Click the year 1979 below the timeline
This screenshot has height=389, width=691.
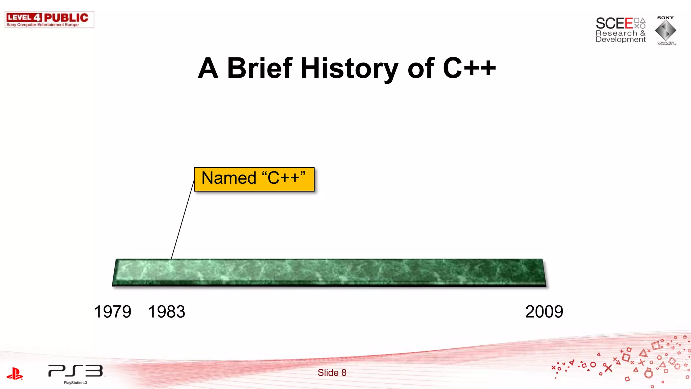(113, 312)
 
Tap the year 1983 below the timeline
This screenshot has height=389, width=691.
(167, 312)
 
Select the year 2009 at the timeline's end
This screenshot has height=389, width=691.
(544, 312)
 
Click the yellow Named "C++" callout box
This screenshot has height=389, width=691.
(254, 179)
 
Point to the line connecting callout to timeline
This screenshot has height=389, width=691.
(183, 219)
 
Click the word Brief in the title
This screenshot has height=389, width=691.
(259, 68)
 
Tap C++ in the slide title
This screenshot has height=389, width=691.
(469, 68)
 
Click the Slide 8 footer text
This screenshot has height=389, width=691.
(332, 372)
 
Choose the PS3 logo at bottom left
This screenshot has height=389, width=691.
(76, 371)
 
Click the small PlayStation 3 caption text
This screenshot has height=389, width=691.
(76, 383)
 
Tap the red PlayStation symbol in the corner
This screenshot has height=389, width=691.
(15, 374)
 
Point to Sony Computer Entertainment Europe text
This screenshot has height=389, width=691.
(43, 25)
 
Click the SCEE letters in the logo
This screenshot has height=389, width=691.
(614, 23)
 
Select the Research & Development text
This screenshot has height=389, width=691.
(620, 36)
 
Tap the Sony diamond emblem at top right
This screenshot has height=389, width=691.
(665, 31)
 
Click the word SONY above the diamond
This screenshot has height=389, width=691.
(665, 18)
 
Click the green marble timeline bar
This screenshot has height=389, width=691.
(329, 273)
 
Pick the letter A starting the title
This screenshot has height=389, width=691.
(208, 68)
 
